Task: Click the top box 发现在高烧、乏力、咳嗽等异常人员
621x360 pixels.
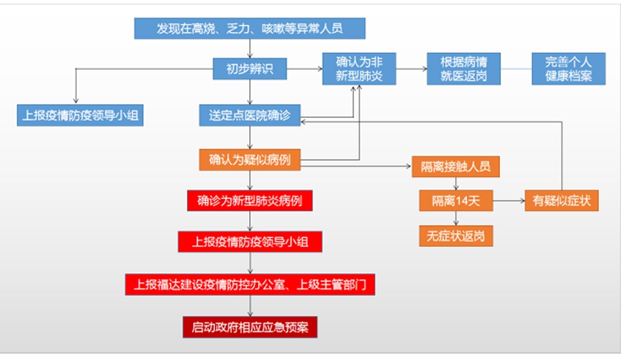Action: click(x=250, y=28)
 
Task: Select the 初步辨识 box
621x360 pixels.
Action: click(x=250, y=69)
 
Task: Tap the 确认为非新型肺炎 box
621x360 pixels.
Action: click(x=359, y=69)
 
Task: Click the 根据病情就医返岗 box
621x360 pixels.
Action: click(x=463, y=69)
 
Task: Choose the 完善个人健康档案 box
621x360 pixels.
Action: click(x=568, y=69)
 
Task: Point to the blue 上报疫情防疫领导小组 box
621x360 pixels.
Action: click(x=80, y=115)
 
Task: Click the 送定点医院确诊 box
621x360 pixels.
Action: click(x=250, y=115)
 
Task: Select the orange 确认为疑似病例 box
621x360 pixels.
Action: click(x=250, y=160)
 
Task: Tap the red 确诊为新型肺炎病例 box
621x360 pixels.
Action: click(x=250, y=200)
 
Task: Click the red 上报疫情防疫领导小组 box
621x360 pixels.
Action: click(x=250, y=241)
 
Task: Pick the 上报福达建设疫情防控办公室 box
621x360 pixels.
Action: click(x=250, y=284)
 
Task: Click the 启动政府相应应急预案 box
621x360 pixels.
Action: click(x=250, y=327)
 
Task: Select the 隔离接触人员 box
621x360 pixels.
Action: click(x=456, y=166)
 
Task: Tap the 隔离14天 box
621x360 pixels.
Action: click(x=456, y=200)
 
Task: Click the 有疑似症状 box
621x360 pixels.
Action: click(x=561, y=200)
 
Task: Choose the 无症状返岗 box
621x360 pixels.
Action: click(x=456, y=236)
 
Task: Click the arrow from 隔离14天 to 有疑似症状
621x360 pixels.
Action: click(x=509, y=200)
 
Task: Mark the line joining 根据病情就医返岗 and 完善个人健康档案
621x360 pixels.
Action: click(x=516, y=69)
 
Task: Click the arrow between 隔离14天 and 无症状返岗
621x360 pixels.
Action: click(x=456, y=218)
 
